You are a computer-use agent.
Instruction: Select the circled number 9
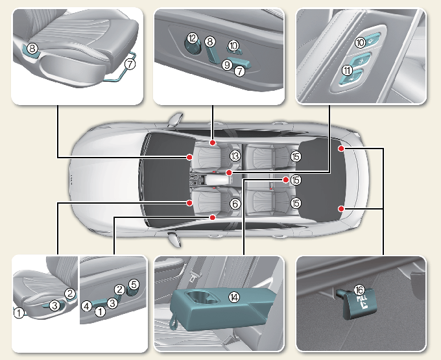click(x=227, y=64)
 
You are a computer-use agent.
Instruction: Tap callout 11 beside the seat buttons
click(x=348, y=71)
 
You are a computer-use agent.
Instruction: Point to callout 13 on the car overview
click(x=235, y=156)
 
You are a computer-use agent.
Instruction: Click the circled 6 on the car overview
click(x=235, y=203)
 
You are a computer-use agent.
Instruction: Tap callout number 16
click(x=359, y=291)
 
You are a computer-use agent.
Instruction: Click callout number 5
click(x=134, y=284)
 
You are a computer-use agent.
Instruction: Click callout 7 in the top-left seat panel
click(x=130, y=64)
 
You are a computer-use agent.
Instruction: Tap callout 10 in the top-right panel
click(x=359, y=42)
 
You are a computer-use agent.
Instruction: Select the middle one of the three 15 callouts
click(x=296, y=180)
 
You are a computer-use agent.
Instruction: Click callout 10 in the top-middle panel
click(x=233, y=45)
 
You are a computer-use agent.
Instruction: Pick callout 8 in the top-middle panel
click(x=210, y=42)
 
